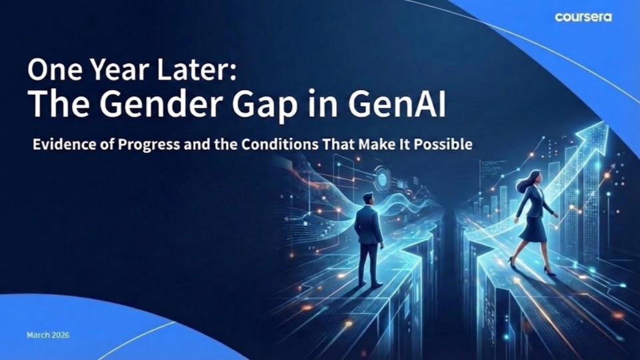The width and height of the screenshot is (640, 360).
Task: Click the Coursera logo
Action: point(583,17)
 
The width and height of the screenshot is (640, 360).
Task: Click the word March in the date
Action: point(37,335)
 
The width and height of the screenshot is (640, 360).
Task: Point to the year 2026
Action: point(59,335)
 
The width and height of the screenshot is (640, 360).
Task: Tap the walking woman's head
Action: point(533,178)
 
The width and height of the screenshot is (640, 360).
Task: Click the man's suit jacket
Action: point(368,225)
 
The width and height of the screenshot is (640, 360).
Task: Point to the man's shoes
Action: point(369,285)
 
